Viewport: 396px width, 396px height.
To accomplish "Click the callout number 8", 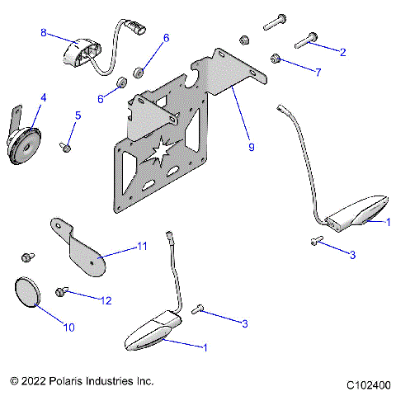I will tap(44, 33).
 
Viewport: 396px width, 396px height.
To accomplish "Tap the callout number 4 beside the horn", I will tap(43, 97).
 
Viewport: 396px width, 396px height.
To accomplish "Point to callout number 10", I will tap(69, 328).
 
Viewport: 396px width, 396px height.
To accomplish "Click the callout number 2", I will tap(342, 51).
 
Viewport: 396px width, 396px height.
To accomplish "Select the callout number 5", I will tap(78, 115).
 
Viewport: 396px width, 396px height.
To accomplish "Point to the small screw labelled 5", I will tap(64, 147).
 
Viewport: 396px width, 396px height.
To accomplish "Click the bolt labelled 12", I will tap(60, 291).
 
